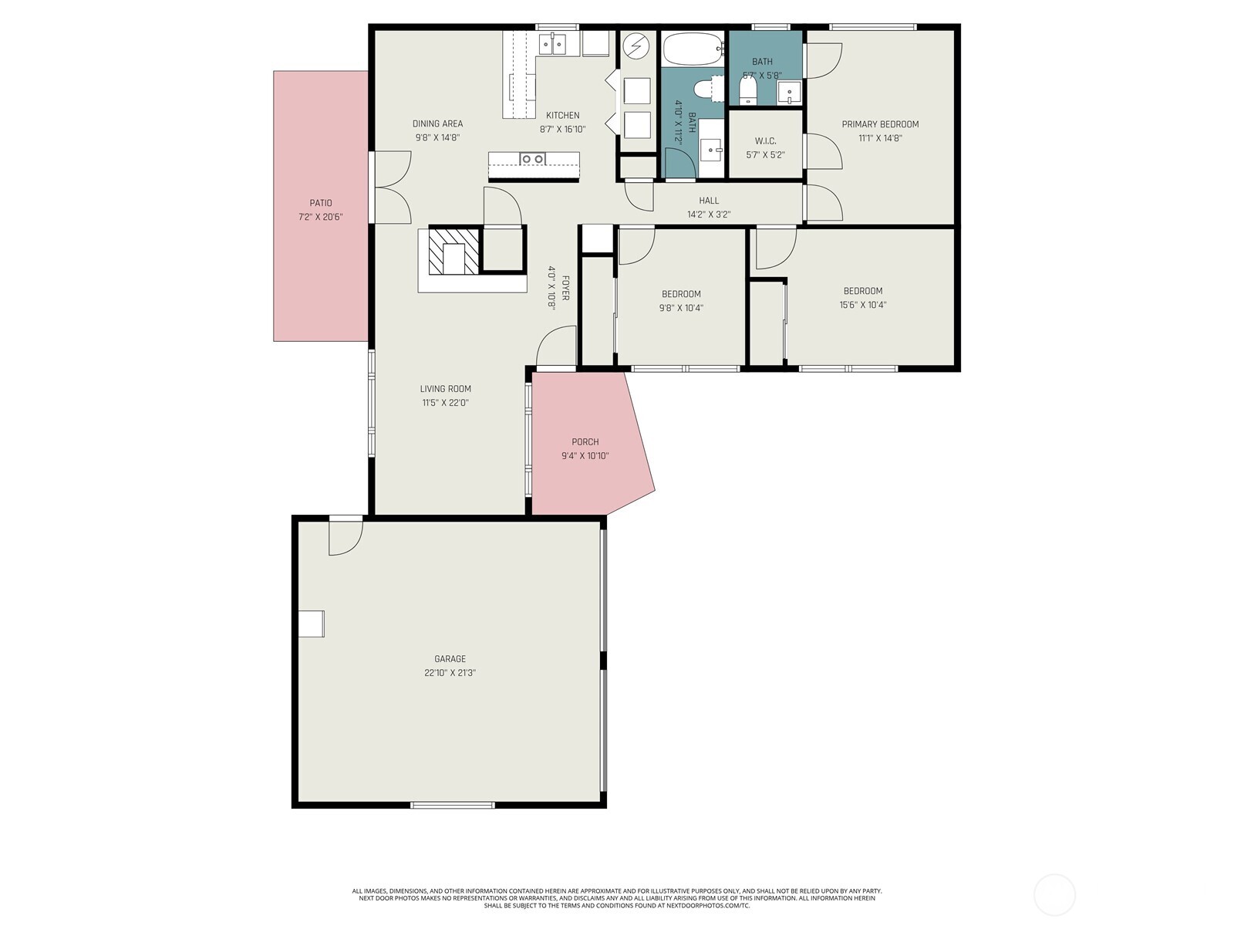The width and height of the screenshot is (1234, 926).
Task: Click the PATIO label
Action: (320, 203)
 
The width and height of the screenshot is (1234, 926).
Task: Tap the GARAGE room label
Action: (450, 658)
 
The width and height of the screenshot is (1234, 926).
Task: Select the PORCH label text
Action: (585, 442)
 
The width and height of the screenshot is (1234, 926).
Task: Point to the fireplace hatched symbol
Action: (453, 251)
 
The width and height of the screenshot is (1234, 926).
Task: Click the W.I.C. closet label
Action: (765, 141)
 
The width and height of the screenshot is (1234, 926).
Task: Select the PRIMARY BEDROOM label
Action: (880, 124)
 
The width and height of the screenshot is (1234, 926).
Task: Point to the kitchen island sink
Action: (532, 159)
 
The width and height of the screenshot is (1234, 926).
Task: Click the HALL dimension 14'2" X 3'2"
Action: (708, 215)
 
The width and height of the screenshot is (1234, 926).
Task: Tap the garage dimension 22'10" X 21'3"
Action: (450, 672)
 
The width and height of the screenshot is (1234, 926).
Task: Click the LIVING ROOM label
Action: (445, 388)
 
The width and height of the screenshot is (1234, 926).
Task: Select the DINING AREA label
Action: (437, 123)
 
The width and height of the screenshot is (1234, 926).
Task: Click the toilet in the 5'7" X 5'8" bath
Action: (747, 90)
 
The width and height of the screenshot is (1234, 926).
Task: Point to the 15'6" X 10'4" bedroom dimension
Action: (862, 305)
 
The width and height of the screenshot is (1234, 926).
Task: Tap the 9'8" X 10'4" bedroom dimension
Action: (681, 308)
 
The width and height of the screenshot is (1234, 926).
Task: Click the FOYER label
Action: (565, 288)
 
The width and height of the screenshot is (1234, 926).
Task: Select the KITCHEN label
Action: (562, 115)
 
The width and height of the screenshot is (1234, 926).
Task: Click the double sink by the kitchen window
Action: (552, 45)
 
